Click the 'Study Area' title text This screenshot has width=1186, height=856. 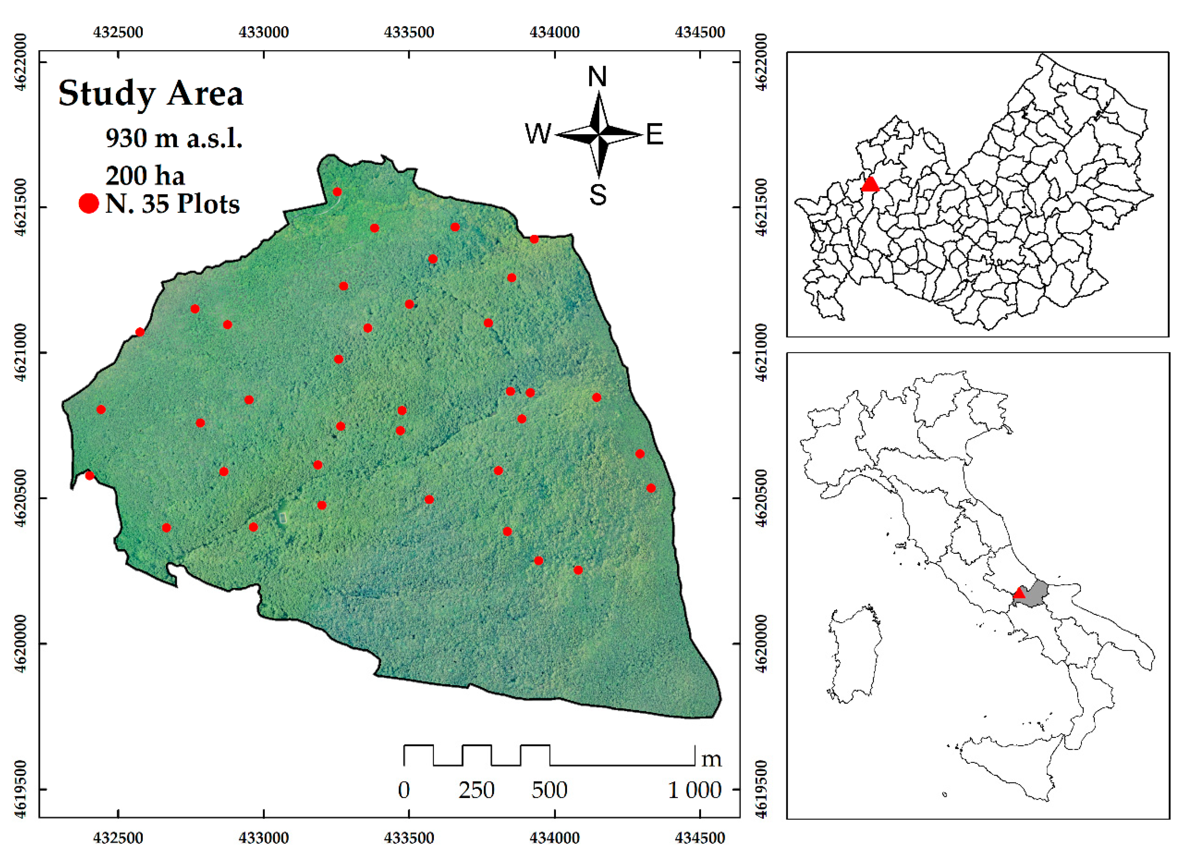pyautogui.click(x=150, y=94)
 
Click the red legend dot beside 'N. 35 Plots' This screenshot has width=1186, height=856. pyautogui.click(x=89, y=203)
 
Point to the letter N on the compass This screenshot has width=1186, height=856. pyautogui.click(x=597, y=77)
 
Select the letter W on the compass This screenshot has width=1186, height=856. pyautogui.click(x=538, y=134)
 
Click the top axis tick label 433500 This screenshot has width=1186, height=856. pyautogui.click(x=409, y=33)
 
